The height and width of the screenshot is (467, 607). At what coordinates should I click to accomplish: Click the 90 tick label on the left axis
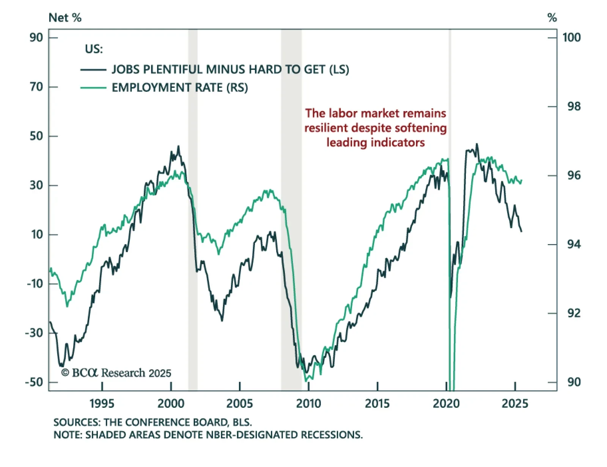point(36,38)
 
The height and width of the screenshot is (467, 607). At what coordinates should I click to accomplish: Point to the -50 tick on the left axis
point(34,382)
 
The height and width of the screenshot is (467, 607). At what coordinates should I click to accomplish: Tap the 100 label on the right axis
point(571,38)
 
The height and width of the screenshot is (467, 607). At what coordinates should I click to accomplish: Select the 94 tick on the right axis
point(574,244)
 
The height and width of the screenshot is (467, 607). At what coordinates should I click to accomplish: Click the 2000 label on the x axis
point(171,404)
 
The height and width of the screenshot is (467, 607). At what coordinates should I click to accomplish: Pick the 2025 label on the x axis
point(515,404)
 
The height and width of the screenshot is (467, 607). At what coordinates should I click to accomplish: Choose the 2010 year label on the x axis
point(308,404)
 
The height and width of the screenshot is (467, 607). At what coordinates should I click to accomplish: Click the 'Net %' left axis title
point(65,18)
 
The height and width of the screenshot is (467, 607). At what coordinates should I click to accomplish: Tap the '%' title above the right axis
point(552,18)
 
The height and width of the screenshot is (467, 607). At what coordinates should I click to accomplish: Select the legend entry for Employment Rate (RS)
point(179,88)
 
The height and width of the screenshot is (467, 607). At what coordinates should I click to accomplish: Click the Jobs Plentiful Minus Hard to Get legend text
point(230,70)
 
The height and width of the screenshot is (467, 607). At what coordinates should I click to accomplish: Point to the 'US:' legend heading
point(94,49)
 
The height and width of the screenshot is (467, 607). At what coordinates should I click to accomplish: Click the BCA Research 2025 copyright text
point(116,373)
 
